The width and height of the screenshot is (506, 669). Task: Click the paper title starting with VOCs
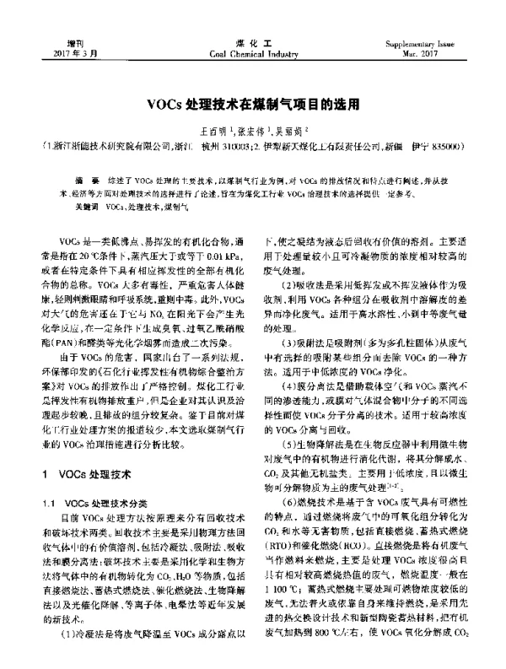[253, 106]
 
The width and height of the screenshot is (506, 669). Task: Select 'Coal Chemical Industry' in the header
[253, 52]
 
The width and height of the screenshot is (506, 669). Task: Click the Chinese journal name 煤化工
[253, 41]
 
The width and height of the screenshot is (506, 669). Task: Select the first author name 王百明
[211, 132]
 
